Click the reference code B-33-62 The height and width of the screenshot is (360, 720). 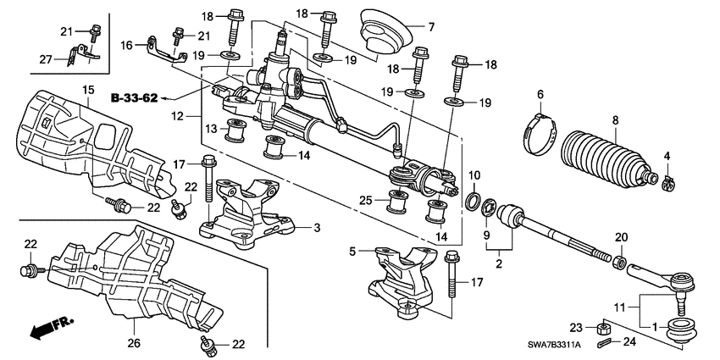(134, 98)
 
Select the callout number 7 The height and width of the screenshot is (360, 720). (430, 27)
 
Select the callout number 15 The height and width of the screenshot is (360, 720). (88, 90)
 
